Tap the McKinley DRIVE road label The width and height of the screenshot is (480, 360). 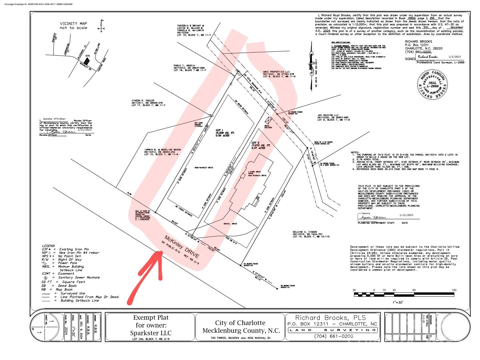tap(182, 247)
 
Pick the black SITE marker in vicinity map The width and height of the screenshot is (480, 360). tap(87, 61)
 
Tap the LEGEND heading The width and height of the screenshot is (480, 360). tap(48, 245)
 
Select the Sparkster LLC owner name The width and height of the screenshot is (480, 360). tap(151, 333)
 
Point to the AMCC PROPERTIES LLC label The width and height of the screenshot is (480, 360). tap(276, 72)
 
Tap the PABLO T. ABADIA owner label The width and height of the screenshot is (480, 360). tap(184, 66)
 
